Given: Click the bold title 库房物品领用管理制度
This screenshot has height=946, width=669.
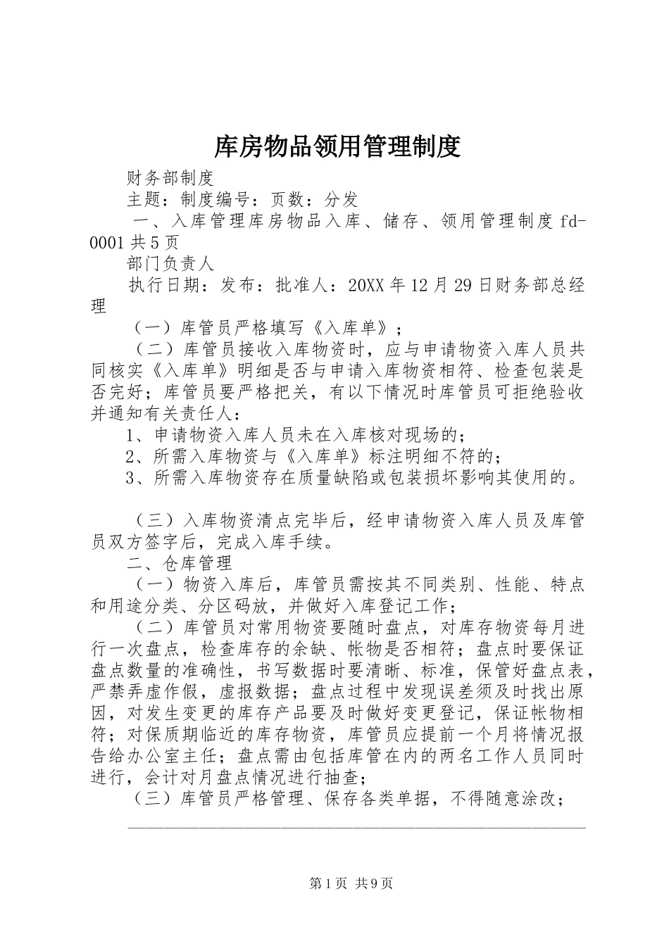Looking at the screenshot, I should pos(336,146).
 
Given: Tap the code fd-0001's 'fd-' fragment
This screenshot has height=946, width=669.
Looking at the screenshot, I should pos(573,221).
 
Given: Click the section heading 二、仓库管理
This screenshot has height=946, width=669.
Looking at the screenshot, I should pos(179,563).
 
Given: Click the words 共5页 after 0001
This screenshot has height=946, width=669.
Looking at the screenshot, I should pos(154,243).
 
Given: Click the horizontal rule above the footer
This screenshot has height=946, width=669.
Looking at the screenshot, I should pos(356,826).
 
